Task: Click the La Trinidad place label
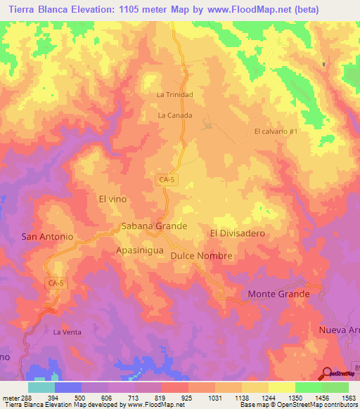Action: [x=174, y=95]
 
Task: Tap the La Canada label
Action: [x=175, y=115]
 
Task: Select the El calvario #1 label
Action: [x=277, y=131]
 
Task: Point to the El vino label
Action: [x=112, y=199]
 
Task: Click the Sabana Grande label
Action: [x=154, y=226]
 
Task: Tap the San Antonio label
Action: [x=47, y=237]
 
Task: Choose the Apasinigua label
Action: [x=139, y=249]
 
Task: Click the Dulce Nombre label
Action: [x=201, y=256]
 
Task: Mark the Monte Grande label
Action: [x=278, y=294]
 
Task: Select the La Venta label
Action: [x=67, y=331]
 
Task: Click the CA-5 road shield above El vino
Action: [x=166, y=181]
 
